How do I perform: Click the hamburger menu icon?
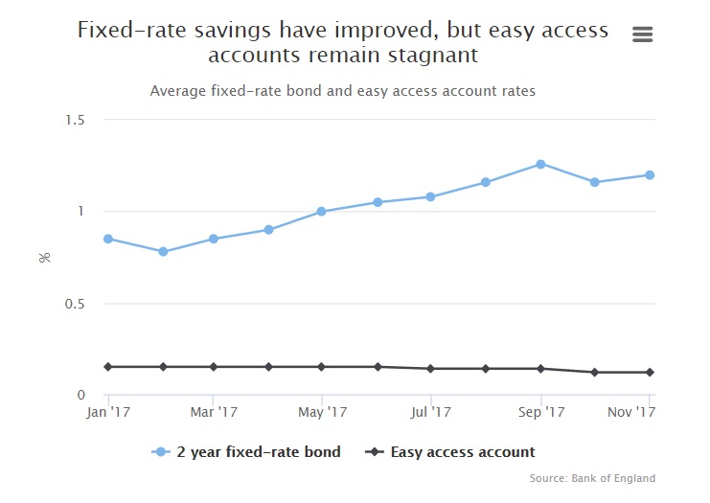[643, 34]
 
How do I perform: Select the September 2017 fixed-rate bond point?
[540, 164]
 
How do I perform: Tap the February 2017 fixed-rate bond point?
[163, 252]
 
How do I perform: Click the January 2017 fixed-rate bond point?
[108, 239]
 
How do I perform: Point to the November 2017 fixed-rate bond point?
[650, 174]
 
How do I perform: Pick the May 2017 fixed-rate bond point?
[322, 212]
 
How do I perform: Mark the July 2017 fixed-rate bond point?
[431, 196]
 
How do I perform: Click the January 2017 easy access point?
[108, 367]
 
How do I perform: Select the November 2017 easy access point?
[650, 372]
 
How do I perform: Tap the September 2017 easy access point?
[540, 368]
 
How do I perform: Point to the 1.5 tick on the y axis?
[76, 120]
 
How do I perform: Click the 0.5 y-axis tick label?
[76, 304]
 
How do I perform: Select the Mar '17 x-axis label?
[215, 412]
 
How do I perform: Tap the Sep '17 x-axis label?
[541, 412]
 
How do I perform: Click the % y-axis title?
[44, 257]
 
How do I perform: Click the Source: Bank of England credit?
[592, 478]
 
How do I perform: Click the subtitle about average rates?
[342, 91]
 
